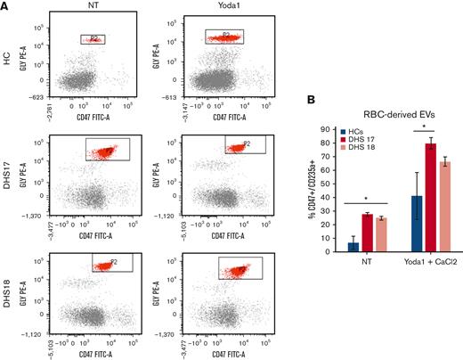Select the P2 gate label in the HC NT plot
pyautogui.click(x=96, y=37)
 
